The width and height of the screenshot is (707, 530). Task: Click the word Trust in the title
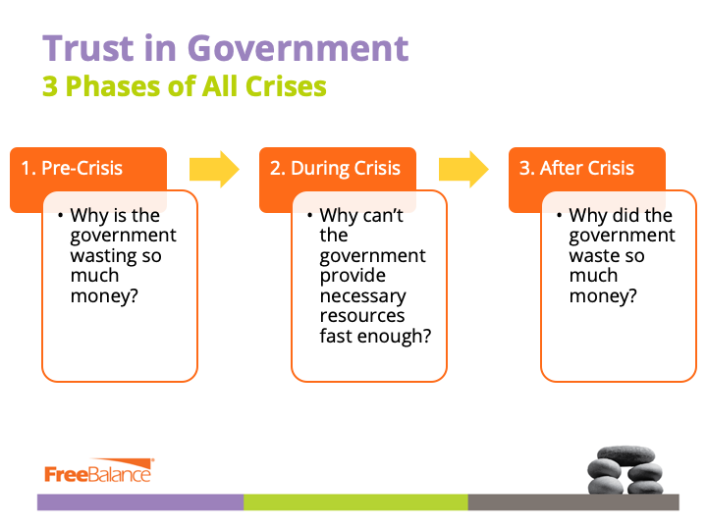coord(88,48)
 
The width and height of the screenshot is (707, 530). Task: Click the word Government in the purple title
coord(299,48)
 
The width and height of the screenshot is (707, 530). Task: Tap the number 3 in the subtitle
coord(50,86)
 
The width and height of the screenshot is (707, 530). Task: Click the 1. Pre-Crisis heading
coord(72,168)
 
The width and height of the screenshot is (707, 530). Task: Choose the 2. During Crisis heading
coord(335,168)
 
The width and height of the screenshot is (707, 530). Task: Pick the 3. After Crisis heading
coord(576,168)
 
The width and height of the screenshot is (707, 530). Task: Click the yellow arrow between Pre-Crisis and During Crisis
coord(214,169)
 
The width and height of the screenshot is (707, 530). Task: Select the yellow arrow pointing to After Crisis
coord(463,169)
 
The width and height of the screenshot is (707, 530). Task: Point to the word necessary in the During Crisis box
coord(363,296)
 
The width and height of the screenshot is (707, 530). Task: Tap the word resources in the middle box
coord(362,316)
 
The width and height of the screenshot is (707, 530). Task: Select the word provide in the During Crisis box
coord(353,276)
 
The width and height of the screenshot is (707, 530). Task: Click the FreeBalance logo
coord(99,471)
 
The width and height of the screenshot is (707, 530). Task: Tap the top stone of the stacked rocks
coord(625,455)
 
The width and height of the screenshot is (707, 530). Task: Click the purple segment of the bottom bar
coord(140,503)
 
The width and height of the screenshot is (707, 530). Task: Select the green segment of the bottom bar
coord(355,503)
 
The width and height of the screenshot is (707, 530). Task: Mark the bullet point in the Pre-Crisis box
coord(61,215)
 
